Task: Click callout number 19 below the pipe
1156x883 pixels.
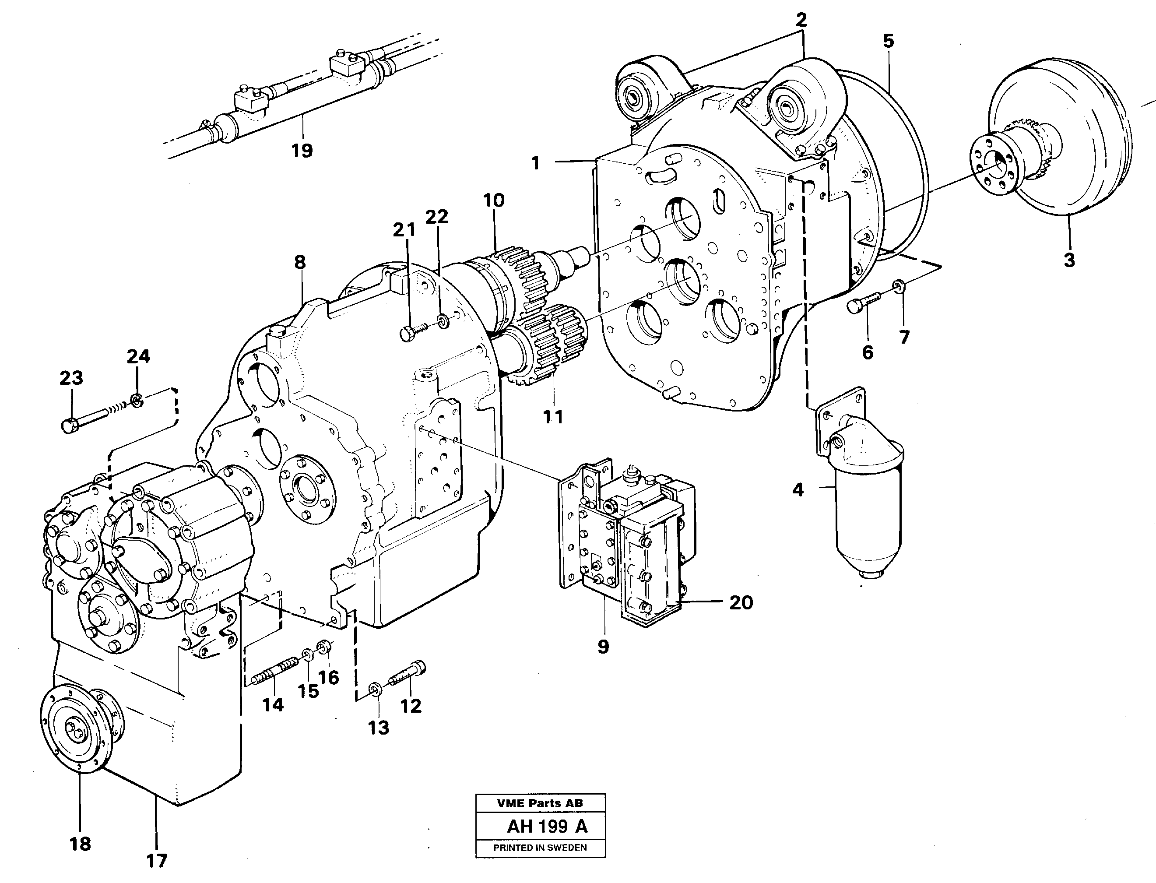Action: (x=302, y=151)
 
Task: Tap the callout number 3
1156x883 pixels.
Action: (x=1069, y=260)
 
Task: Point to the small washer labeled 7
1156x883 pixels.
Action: (x=899, y=285)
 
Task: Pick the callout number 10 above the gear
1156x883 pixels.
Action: (x=493, y=200)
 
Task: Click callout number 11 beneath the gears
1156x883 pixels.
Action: (x=553, y=417)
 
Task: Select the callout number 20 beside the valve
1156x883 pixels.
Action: (x=741, y=602)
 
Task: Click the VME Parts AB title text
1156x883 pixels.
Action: (x=540, y=803)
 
